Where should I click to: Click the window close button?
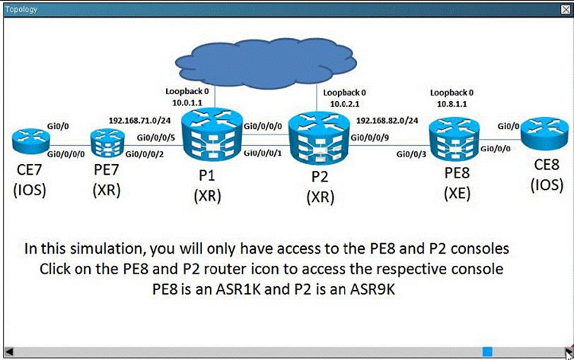(x=565, y=10)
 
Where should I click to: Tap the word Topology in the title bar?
(x=21, y=10)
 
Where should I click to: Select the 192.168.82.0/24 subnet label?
(x=387, y=121)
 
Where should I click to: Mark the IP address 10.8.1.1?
(x=452, y=104)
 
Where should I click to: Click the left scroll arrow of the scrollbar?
(x=9, y=351)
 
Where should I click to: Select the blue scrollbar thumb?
(x=487, y=351)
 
